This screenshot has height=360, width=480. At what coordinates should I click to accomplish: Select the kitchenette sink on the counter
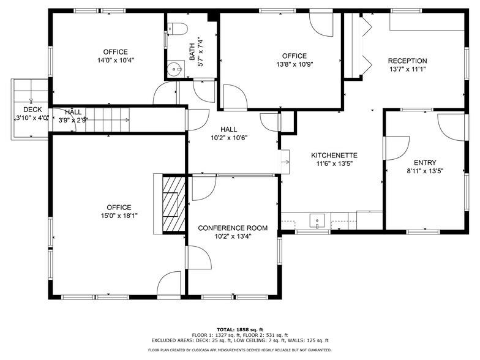point(317,220)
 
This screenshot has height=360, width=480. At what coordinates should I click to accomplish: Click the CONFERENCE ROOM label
point(233,228)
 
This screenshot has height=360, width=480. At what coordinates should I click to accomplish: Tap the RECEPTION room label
point(407,61)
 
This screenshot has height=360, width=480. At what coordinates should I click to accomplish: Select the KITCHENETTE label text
point(334,156)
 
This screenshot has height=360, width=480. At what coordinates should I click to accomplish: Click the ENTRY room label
point(425,163)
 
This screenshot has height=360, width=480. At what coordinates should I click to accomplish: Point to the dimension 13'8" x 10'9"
point(294,64)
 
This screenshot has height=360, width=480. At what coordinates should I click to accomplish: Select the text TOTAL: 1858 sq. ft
point(240,329)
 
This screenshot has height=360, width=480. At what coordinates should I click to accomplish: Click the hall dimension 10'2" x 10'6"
point(228,138)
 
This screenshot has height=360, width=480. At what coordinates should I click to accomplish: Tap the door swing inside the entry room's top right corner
point(453,126)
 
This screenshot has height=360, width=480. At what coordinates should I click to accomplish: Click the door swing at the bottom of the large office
point(169,285)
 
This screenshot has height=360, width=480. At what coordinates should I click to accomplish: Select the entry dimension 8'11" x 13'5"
point(425,171)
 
